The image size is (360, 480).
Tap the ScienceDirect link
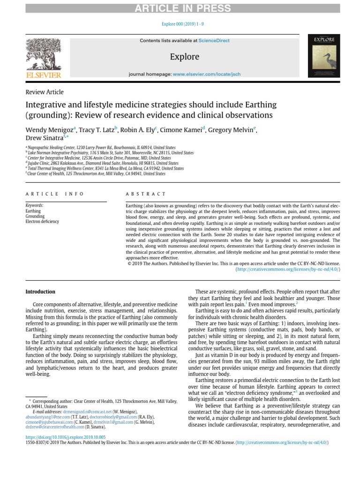coord(214,41)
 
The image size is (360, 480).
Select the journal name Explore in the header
coord(185,57)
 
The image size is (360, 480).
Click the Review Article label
coord(45,92)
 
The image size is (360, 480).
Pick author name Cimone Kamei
coord(180,130)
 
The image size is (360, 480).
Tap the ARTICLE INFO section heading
coord(55,194)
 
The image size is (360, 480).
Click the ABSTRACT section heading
coord(146,194)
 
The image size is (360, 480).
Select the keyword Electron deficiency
coord(42,222)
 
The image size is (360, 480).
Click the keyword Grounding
coord(35,217)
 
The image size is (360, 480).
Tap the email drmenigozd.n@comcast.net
coord(87,411)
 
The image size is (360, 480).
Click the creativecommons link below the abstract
coord(287,269)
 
